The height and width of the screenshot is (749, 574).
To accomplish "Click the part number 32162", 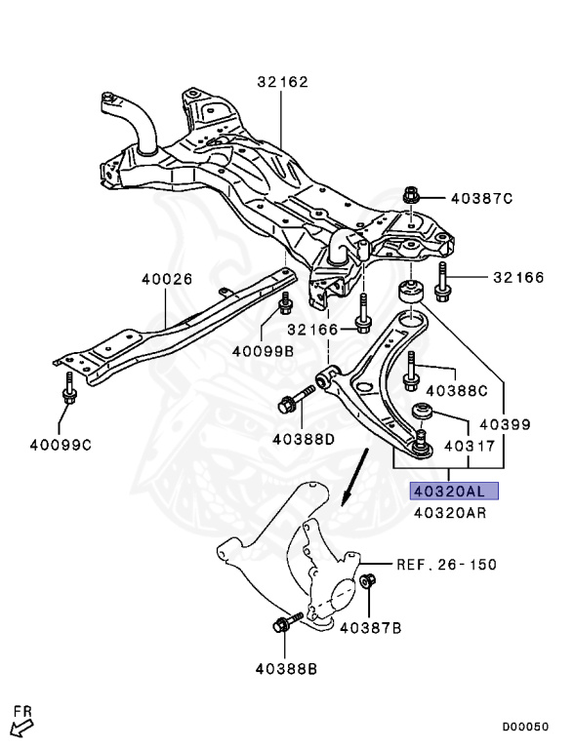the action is pos(283,82).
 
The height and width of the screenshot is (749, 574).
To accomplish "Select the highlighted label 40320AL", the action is pos(454,491).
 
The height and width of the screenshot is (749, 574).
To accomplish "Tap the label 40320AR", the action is pos(450,513).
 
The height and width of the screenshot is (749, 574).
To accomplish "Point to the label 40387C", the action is pos(481,198).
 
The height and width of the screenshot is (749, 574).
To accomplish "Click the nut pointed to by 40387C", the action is pos(411,195).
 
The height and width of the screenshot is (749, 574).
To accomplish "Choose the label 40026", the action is pos(167,279).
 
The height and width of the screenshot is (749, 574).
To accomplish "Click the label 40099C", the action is pos(61,445).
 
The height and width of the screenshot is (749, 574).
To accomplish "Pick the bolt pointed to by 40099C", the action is pos(69,387).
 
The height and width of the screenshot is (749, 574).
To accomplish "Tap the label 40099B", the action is pos(263,351).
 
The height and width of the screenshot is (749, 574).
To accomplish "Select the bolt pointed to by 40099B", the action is pos(286,303).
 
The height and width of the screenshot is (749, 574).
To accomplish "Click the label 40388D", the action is pos(304,439).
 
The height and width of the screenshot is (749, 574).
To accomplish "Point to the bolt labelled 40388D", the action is pos(296,400).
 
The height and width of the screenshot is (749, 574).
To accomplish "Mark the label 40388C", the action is pos(457,391).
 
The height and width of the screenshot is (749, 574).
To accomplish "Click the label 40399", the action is pos(505,424).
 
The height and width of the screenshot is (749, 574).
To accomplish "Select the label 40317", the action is pos(470,446).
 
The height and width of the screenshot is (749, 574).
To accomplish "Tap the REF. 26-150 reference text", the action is pos(447,565).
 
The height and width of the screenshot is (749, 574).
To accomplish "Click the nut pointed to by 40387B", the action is pos(368,581).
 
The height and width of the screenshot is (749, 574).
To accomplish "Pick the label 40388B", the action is pos(286,669).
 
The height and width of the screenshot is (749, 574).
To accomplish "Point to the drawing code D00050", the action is pos(525,727).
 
